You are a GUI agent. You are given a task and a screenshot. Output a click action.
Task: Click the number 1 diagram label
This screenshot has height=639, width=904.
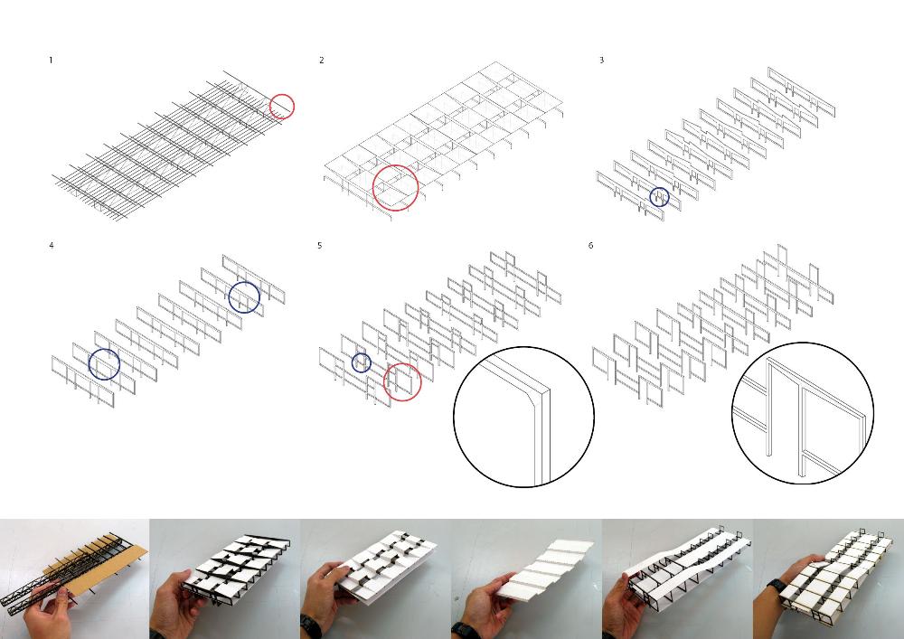coord(51,60)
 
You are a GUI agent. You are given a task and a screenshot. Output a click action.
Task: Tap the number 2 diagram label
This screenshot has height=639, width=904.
coord(322,60)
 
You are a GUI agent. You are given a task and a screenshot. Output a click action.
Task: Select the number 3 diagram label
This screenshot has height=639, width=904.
coord(602,60)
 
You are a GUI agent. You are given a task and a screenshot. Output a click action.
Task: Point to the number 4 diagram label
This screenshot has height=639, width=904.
coord(52,246)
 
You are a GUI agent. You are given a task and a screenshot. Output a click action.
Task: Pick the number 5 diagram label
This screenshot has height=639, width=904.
coord(320,246)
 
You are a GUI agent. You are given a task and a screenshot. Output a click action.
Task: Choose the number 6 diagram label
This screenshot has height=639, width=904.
coord(591,246)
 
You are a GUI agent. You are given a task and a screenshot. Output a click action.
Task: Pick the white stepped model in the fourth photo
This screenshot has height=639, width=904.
coord(545,569)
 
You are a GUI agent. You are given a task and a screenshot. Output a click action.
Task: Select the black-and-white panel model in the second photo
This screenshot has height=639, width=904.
coord(236,565)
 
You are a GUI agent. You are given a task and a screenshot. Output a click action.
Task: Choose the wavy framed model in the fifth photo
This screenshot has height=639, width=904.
coord(686,568)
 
